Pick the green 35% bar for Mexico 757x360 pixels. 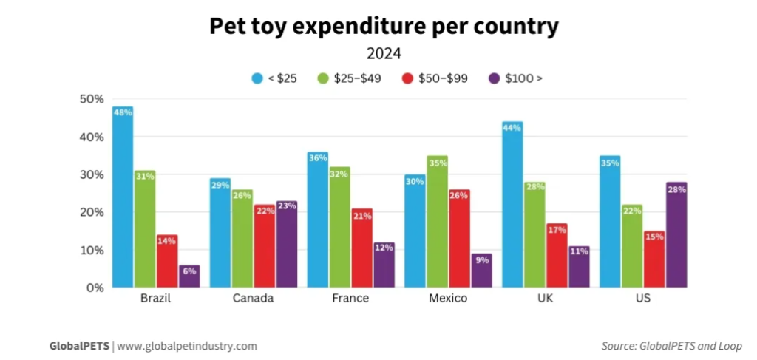coord(437,222)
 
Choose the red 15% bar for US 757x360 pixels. coord(654,259)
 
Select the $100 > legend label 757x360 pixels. coord(523,78)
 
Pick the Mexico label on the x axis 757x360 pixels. coord(447,299)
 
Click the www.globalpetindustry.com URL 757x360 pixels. coord(187,345)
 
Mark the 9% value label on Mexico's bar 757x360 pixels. coord(481,259)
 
